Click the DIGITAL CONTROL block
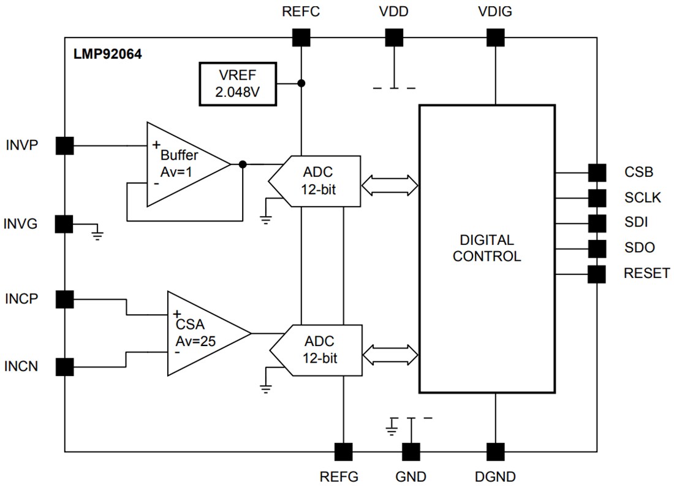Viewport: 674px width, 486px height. [487, 249]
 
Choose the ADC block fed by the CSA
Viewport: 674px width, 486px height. [315, 350]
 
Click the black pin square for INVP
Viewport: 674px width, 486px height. [64, 146]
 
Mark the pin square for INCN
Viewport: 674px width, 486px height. [64, 367]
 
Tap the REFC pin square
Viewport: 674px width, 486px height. [301, 38]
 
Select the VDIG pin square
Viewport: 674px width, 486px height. [494, 38]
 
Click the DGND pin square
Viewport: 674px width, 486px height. [494, 452]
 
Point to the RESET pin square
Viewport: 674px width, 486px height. [596, 274]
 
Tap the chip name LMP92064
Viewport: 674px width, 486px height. [108, 54]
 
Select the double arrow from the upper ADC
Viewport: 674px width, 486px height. [390, 183]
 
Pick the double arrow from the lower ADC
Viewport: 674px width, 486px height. [390, 354]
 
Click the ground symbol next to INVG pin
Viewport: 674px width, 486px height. [97, 231]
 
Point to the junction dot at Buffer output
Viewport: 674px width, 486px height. [243, 164]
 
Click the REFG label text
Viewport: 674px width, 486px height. [339, 476]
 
